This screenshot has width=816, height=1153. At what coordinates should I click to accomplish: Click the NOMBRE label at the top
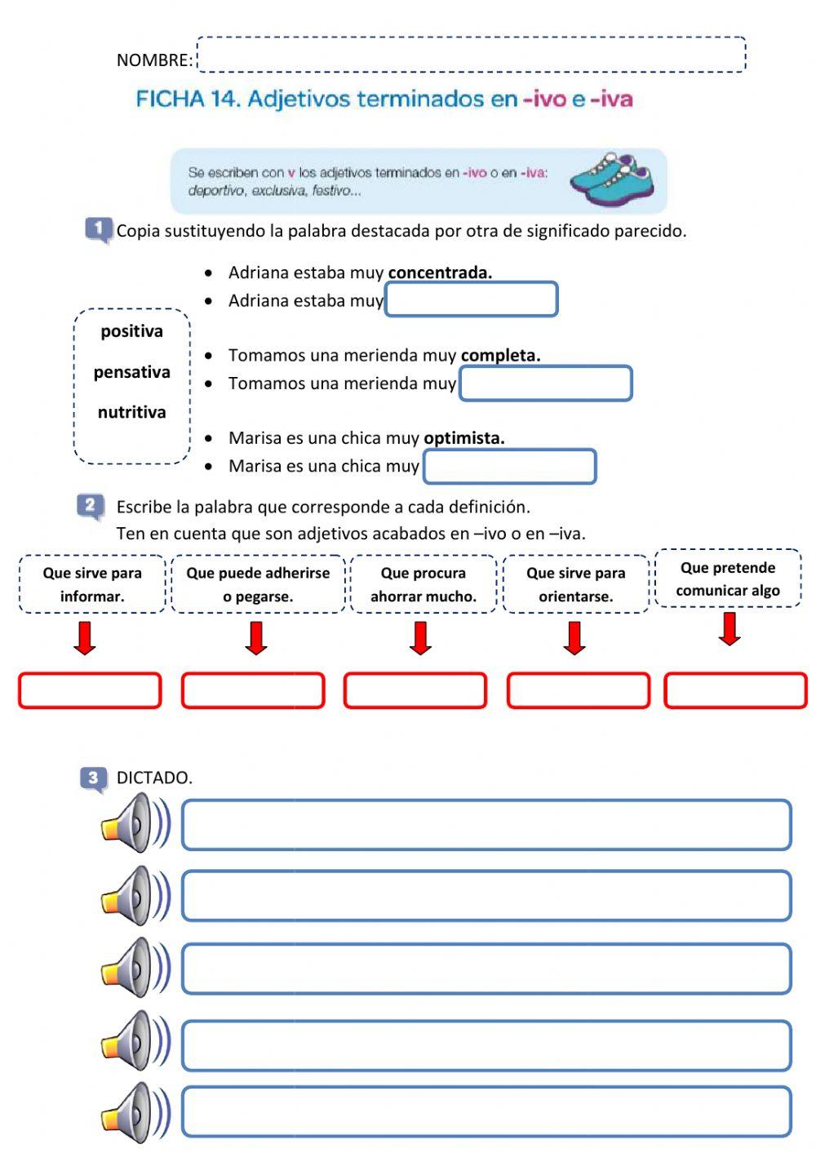[154, 60]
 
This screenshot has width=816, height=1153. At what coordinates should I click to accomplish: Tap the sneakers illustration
[612, 179]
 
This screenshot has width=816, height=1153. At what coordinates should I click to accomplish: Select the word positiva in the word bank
[132, 331]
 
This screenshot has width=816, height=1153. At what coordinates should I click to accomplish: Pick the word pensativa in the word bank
[132, 372]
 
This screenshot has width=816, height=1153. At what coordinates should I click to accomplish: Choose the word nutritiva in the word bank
[132, 412]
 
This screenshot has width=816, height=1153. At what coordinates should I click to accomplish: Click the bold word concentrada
[440, 273]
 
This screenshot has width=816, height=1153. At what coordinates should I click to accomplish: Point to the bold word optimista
[463, 438]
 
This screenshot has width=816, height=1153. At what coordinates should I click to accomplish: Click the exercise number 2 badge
[91, 506]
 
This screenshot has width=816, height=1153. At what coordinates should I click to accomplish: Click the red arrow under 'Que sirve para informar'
[85, 638]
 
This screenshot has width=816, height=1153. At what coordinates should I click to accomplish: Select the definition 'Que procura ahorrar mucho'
[424, 584]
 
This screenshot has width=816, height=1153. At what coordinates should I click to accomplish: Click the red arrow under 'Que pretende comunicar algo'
[730, 628]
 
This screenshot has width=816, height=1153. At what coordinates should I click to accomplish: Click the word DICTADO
[154, 778]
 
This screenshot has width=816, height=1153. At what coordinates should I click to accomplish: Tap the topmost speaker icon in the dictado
[135, 823]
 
